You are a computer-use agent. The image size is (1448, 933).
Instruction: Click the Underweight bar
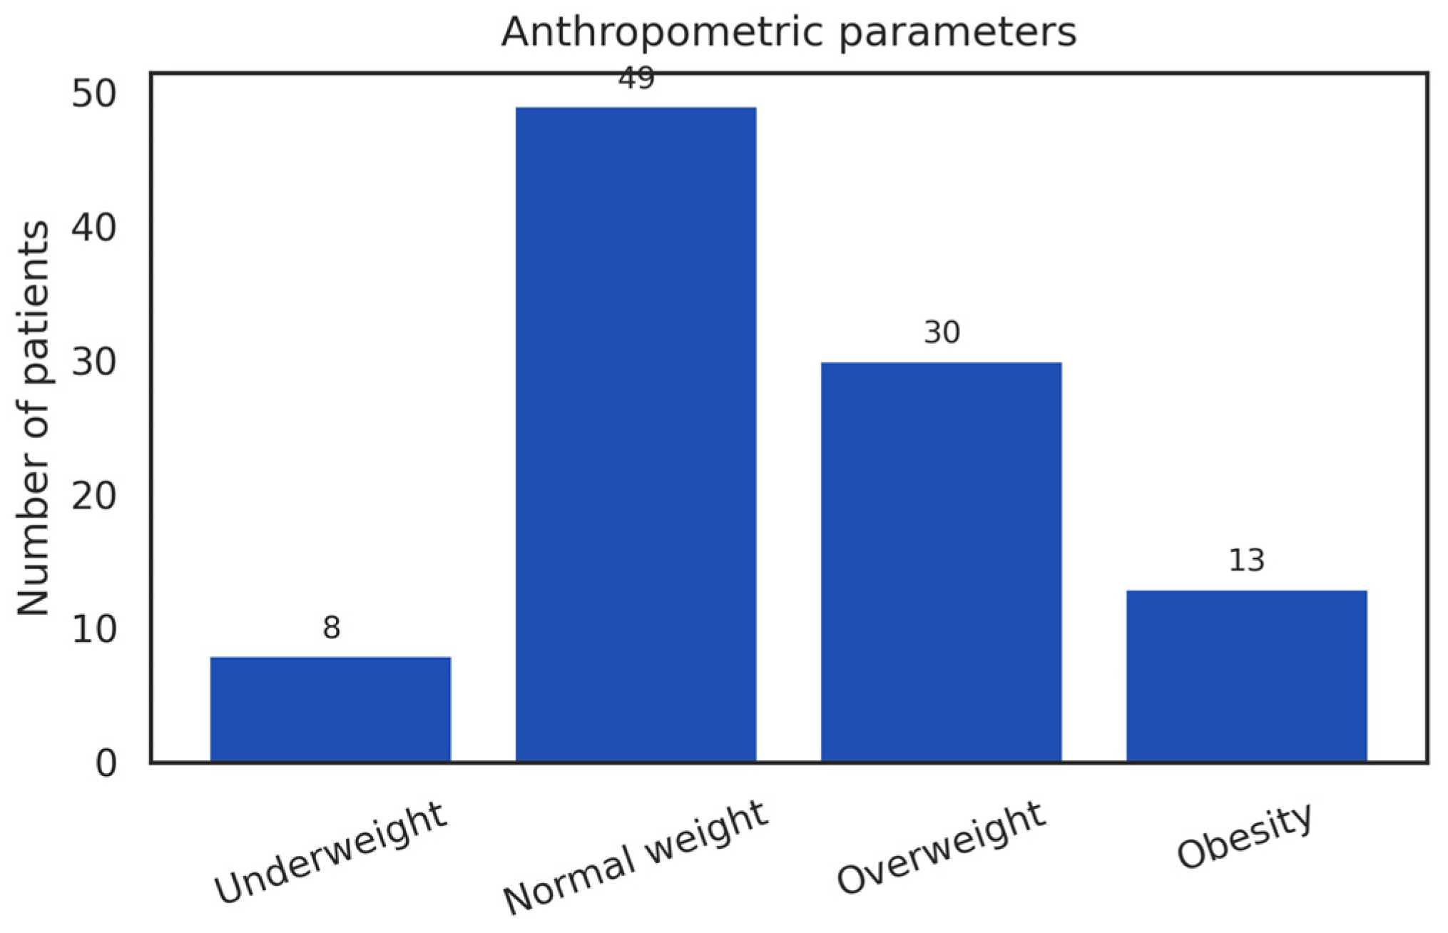(330, 709)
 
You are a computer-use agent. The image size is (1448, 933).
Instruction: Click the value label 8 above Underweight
(331, 628)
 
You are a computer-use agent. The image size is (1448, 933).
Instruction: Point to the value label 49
(636, 78)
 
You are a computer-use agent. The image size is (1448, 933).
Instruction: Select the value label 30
(942, 332)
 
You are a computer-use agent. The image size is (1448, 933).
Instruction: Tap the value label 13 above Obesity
(1246, 561)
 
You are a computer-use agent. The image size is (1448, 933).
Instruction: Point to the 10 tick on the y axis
(93, 630)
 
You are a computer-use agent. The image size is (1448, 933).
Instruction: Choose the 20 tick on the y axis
(93, 496)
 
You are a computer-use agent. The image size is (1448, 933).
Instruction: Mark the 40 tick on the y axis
(93, 228)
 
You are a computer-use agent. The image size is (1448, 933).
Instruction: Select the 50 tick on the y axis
(93, 94)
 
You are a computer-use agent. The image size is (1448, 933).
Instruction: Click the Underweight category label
(330, 853)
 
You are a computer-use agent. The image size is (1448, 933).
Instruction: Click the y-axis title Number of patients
(33, 417)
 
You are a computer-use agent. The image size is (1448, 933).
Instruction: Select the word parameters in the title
(957, 33)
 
